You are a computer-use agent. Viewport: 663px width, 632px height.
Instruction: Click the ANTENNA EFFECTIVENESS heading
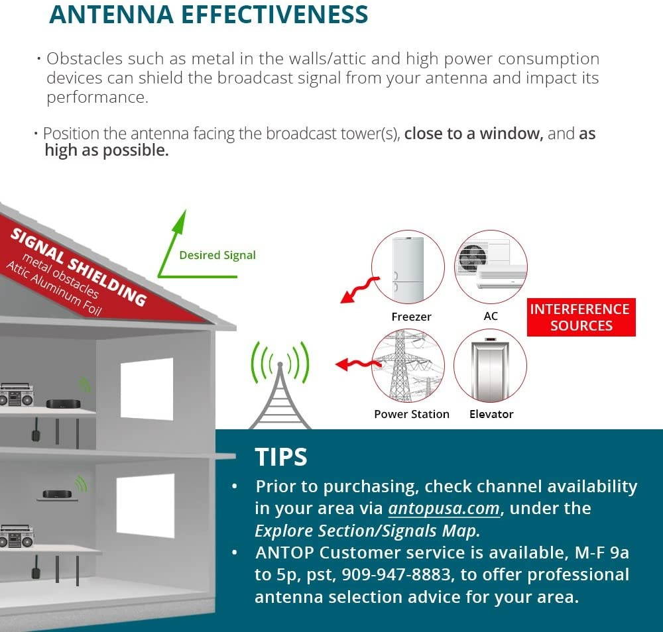[208, 14]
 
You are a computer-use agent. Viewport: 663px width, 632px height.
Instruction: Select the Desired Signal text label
[217, 255]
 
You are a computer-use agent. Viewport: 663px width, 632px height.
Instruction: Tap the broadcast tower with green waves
[280, 391]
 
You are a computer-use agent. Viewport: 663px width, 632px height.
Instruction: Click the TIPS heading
[281, 457]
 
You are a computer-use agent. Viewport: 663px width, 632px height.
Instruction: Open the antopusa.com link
[444, 508]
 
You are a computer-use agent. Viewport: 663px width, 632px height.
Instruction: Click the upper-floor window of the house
[147, 389]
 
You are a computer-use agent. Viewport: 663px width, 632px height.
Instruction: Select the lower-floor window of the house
[145, 505]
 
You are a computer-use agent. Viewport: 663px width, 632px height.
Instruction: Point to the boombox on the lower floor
[16, 537]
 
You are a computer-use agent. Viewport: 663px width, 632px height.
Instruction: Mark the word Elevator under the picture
[491, 414]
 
